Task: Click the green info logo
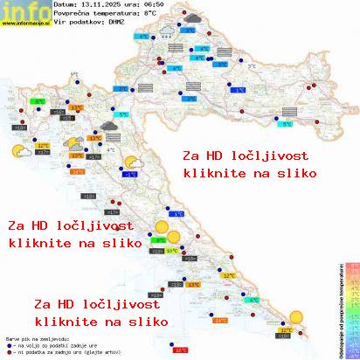tap(23, 10)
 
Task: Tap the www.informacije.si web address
tap(24, 24)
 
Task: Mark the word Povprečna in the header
tap(73, 15)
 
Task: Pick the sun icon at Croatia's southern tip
tap(299, 317)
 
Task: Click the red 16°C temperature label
tap(181, 350)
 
